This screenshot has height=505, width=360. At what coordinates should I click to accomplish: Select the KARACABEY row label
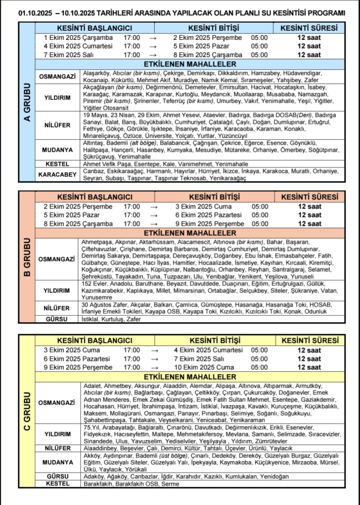tap(57, 174)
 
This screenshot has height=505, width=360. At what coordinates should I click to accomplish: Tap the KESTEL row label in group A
tap(57, 164)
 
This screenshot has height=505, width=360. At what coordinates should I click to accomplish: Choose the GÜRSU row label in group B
tap(57, 319)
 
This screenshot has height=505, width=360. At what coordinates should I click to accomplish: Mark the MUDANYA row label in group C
tap(57, 462)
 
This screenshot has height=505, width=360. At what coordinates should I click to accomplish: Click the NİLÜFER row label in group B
tap(57, 308)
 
